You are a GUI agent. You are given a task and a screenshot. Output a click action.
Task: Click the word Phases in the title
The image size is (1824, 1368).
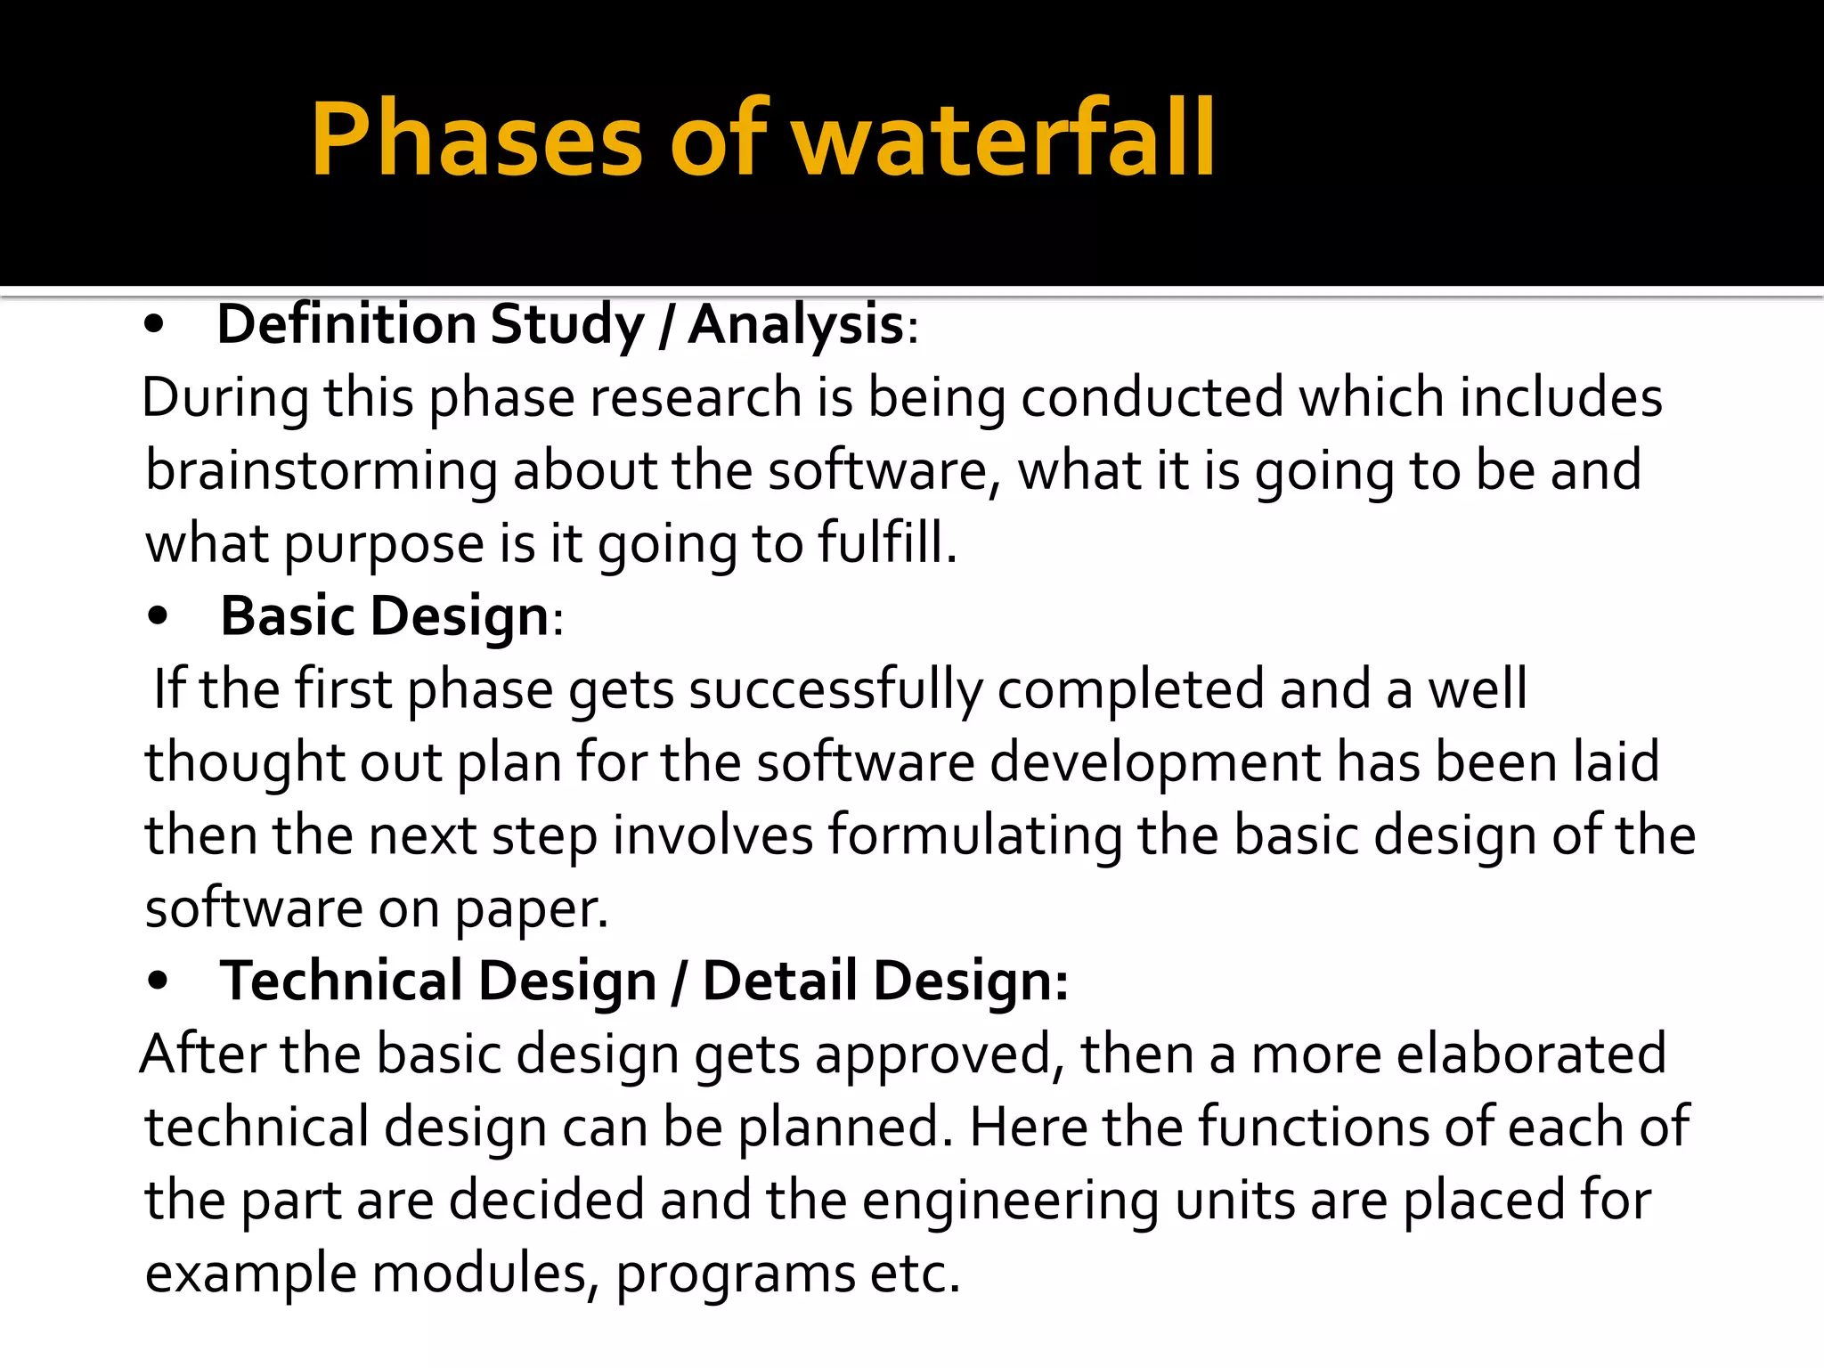[x=476, y=140]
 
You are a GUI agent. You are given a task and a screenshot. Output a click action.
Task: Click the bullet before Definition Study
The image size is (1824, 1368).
[x=154, y=327]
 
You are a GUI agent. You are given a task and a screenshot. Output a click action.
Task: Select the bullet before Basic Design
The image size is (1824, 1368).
[x=159, y=618]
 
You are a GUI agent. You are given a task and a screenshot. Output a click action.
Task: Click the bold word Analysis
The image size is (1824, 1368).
[x=796, y=325]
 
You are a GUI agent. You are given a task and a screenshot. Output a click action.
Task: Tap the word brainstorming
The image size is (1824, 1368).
[x=321, y=471]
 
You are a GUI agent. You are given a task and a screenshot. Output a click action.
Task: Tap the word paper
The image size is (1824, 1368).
[x=532, y=910]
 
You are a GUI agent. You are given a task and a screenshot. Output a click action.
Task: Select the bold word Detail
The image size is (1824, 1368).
[x=780, y=981]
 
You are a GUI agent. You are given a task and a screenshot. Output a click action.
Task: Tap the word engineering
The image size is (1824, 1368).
[x=1010, y=1201]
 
